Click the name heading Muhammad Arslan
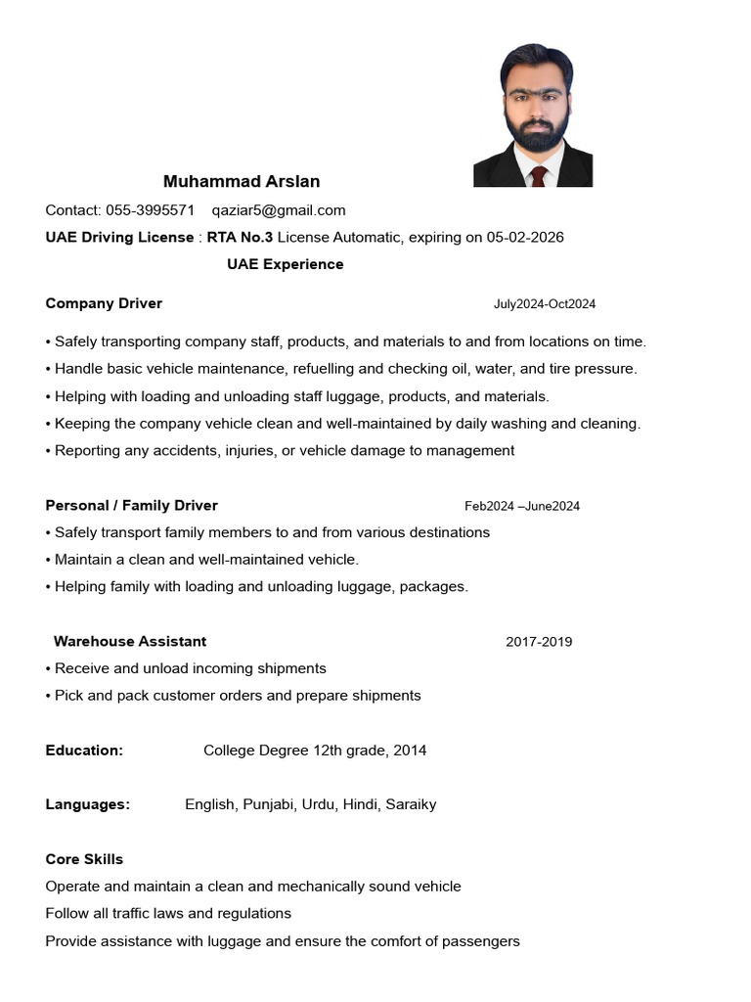coord(242,182)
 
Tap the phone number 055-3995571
coord(150,210)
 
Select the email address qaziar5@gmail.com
coord(279,210)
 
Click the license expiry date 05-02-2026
coord(525,238)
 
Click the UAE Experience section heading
coord(286,264)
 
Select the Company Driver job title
coord(104,303)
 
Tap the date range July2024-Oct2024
coord(544,304)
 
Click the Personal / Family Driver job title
coord(132,506)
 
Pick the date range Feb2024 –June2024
coord(522,506)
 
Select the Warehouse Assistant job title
coord(130,642)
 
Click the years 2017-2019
coord(539,642)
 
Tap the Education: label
coord(84,751)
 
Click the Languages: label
coord(88,804)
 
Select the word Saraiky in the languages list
coord(411,804)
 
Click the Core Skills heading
coord(84,859)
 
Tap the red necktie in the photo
coord(537,176)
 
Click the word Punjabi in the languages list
coord(269,804)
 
